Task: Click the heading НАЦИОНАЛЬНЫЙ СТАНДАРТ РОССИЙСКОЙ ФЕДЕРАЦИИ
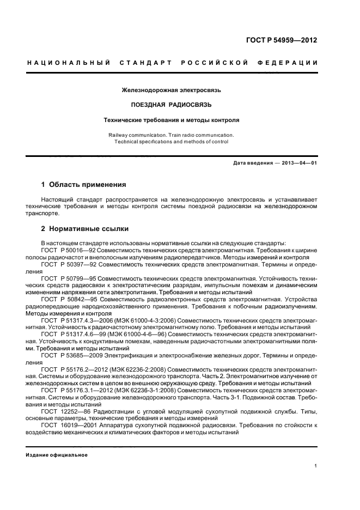tap(173, 63)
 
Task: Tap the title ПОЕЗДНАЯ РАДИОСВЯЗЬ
tap(172, 104)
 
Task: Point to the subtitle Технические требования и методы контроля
tap(172, 119)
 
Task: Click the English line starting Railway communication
tap(172, 135)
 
